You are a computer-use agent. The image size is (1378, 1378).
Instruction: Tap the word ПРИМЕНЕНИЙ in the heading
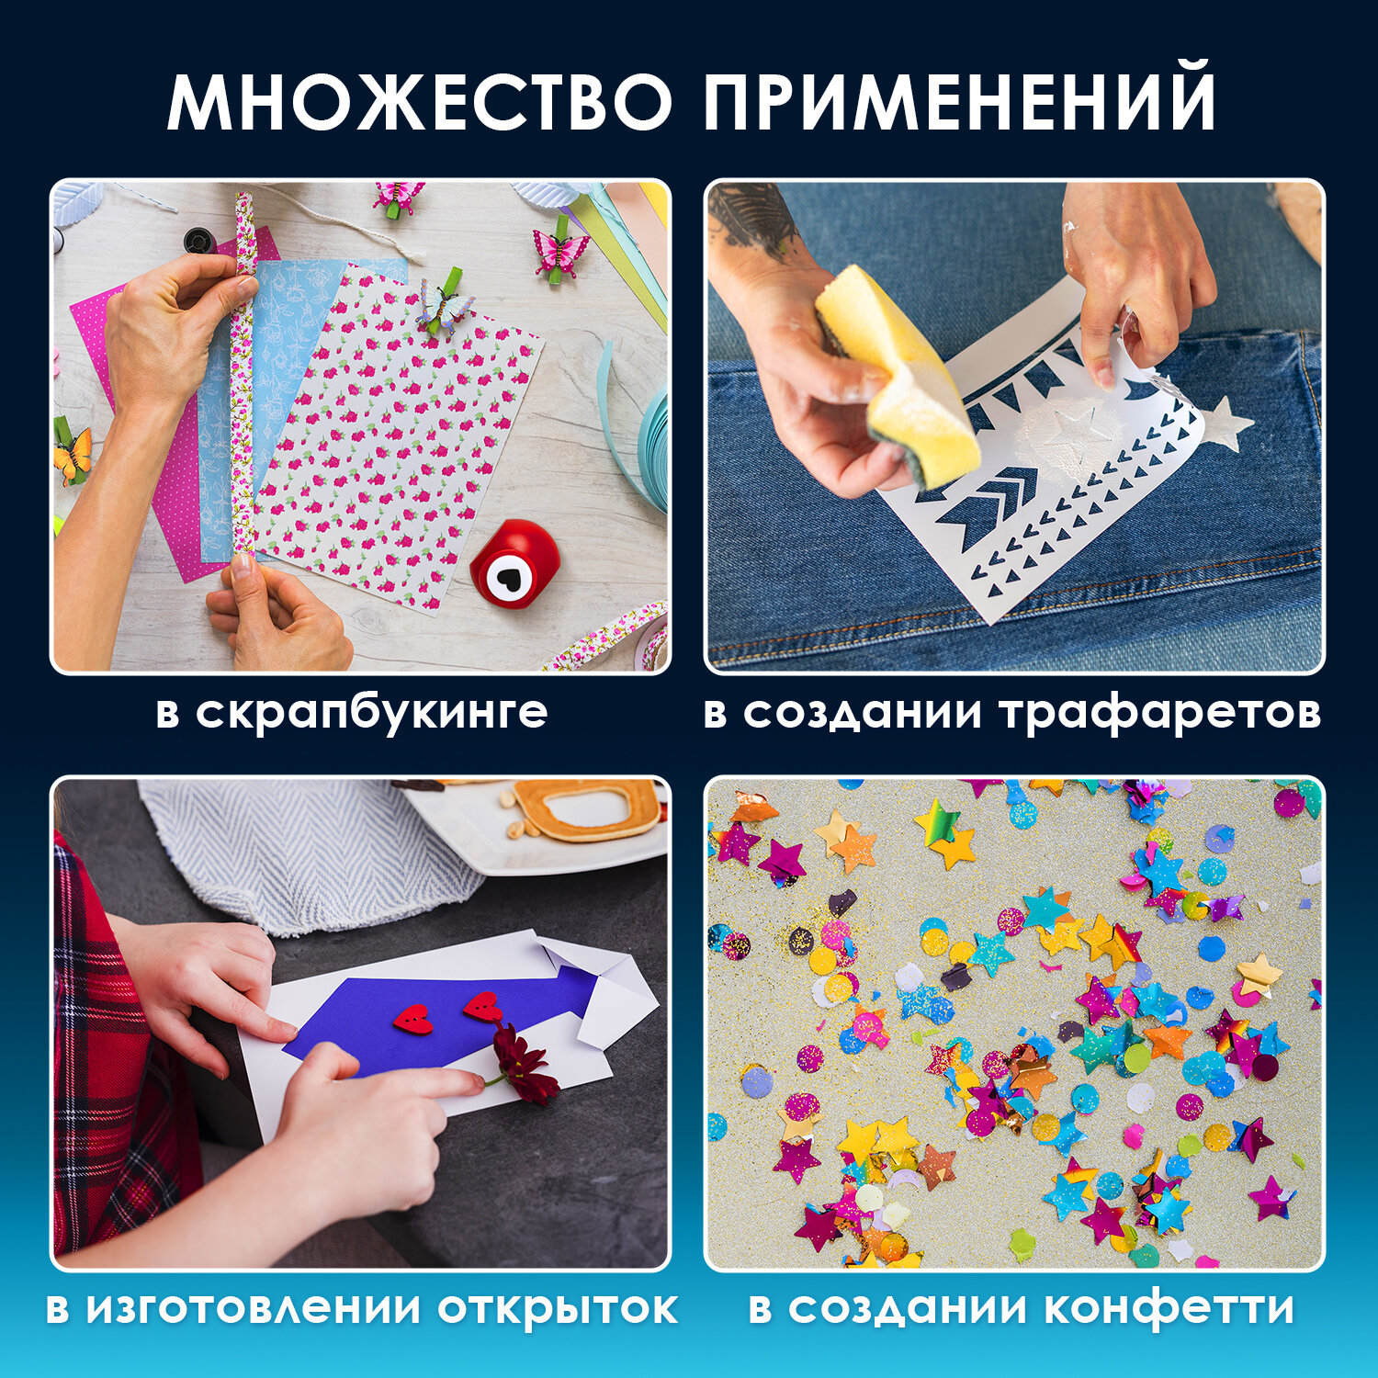tap(960, 101)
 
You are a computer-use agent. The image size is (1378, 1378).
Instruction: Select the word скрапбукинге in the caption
tap(371, 713)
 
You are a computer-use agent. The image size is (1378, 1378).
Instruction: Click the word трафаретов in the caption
tap(1160, 713)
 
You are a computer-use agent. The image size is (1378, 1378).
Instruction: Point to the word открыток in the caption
tap(557, 1308)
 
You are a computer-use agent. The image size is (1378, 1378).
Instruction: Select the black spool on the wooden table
tap(199, 241)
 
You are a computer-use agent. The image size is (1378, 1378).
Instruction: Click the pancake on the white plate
tap(588, 808)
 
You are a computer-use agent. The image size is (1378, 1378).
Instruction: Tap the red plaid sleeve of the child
tap(110, 1056)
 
